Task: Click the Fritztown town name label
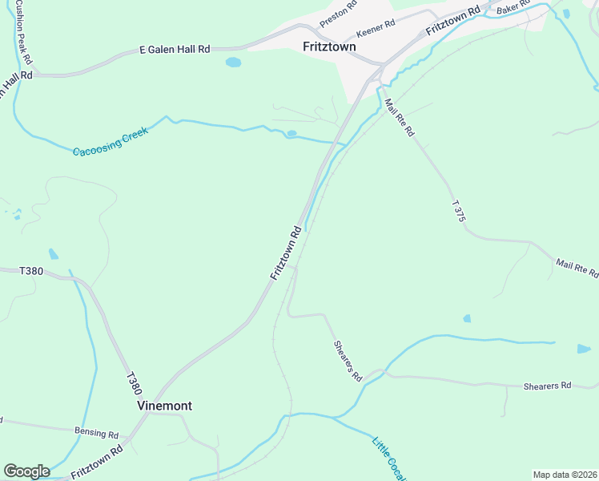click(329, 46)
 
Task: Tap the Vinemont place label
click(164, 406)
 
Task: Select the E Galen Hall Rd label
click(174, 49)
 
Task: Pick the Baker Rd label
click(513, 7)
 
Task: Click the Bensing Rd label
click(97, 433)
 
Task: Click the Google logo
click(26, 471)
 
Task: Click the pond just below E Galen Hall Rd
click(233, 62)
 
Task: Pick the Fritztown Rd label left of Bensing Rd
click(95, 461)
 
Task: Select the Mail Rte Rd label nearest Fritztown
click(398, 117)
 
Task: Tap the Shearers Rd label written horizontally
click(547, 386)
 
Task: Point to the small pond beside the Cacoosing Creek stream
click(291, 133)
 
